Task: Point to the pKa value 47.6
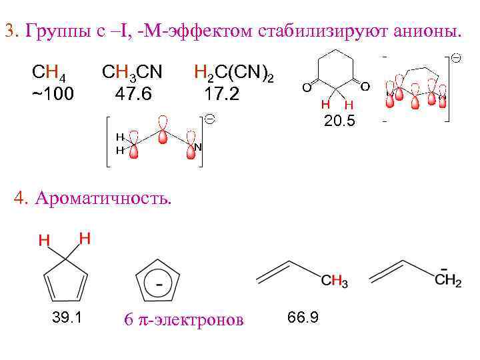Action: tap(133, 93)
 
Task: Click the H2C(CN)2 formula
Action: tap(233, 72)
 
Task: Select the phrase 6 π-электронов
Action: tap(184, 320)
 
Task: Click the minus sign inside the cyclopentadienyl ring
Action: tap(159, 284)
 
